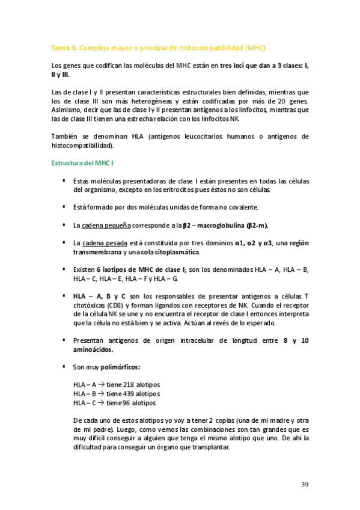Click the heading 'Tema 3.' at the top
coord(64,47)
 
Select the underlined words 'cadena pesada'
coord(103,243)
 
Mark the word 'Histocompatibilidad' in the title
coord(211,47)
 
